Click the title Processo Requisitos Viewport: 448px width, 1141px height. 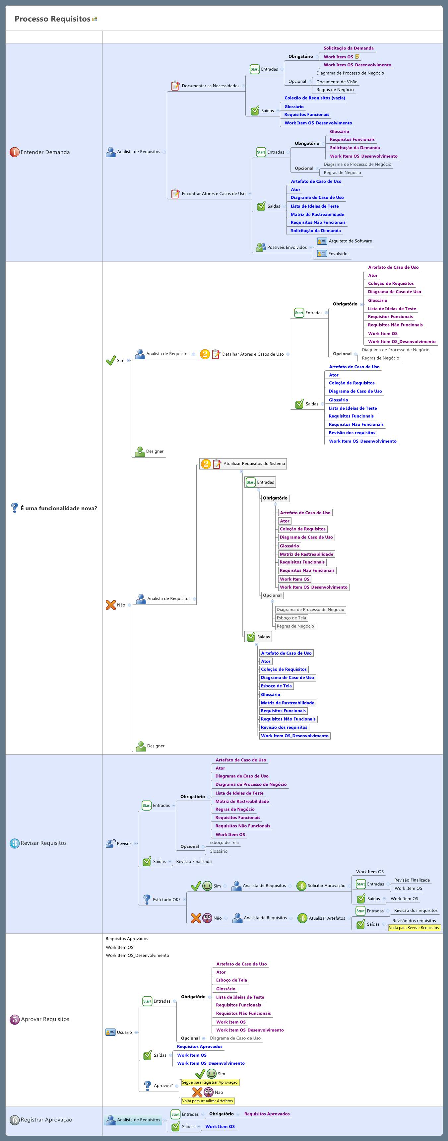[x=52, y=19]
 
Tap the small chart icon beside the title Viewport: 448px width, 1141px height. [x=94, y=20]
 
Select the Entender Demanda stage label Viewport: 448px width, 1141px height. [x=45, y=152]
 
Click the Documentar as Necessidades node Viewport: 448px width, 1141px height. [x=210, y=86]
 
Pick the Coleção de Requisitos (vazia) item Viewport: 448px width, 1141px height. [x=315, y=98]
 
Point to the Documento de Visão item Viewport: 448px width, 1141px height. [x=337, y=82]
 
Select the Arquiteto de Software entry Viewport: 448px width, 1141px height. [x=350, y=241]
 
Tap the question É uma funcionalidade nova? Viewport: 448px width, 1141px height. [x=59, y=508]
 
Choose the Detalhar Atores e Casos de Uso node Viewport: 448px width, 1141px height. [x=253, y=354]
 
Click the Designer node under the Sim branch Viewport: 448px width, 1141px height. [x=155, y=451]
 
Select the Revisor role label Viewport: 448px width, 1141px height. [x=124, y=843]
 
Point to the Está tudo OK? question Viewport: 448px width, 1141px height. [x=166, y=899]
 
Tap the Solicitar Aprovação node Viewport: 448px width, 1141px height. [x=326, y=886]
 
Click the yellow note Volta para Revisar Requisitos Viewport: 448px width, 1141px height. [x=414, y=928]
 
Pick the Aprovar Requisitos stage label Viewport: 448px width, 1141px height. [x=45, y=1019]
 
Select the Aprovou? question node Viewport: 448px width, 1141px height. [x=163, y=1086]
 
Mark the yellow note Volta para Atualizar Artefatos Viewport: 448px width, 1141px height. [x=208, y=1101]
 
